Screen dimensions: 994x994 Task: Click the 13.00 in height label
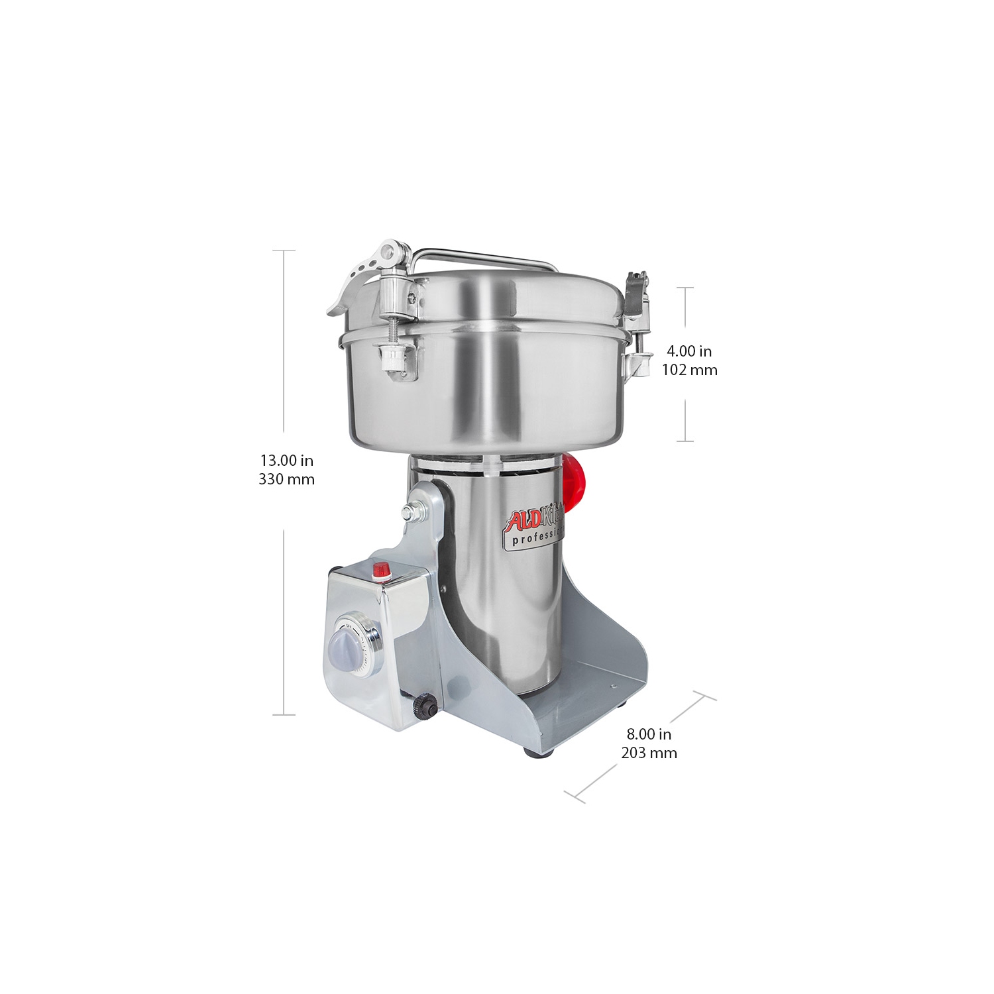tap(286, 460)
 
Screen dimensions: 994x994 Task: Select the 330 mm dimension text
tap(286, 479)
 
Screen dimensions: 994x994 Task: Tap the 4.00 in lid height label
tap(689, 351)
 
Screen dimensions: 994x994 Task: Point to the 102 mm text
tap(689, 370)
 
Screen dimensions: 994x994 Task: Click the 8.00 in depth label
tap(649, 734)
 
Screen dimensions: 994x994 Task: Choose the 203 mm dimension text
tap(649, 753)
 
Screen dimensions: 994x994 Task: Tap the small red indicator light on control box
tap(381, 569)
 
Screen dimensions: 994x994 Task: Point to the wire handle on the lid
tap(484, 255)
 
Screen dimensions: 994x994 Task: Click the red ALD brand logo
tap(517, 520)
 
